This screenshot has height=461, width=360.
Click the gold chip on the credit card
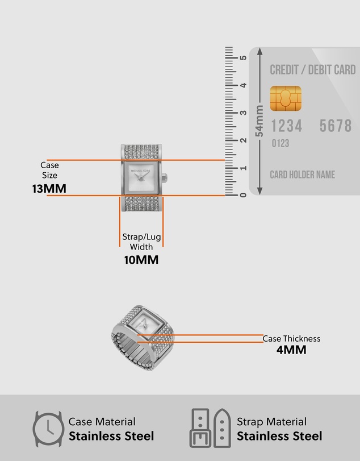point(286,98)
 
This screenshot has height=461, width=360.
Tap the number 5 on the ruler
point(243,57)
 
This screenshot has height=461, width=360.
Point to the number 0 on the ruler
point(243,195)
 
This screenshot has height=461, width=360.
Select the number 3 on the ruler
point(243,113)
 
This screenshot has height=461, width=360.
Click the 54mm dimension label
point(259,121)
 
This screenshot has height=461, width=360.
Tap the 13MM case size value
point(49,189)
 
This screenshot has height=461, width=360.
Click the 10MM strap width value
point(141,260)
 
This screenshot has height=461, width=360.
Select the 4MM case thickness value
point(291,350)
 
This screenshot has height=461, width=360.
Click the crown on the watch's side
point(165,178)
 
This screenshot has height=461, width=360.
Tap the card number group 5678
point(336,126)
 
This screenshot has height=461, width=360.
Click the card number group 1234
point(286,126)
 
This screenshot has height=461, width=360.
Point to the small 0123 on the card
point(281,143)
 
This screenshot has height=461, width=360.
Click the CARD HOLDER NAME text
point(303,175)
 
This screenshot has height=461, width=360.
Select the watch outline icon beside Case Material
point(48,429)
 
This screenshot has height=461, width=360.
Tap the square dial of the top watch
point(141,177)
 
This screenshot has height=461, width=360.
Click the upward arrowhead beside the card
point(259,51)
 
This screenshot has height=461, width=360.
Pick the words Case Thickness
point(291,339)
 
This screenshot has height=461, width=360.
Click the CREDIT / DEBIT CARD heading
point(313,70)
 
